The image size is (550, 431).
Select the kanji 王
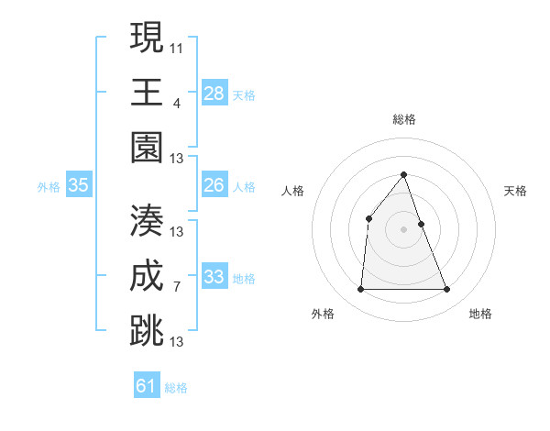click(147, 92)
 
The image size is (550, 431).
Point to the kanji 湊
click(147, 219)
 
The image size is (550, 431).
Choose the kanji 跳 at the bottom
click(147, 331)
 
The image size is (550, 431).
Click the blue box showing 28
click(214, 94)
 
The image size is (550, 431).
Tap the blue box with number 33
click(214, 277)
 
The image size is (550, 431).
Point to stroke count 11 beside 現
click(177, 47)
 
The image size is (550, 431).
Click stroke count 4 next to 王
click(177, 102)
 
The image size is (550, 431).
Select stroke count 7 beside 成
click(177, 287)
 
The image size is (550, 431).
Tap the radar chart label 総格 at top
click(403, 119)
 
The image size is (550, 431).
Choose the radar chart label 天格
click(515, 191)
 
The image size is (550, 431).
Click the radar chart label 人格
click(292, 191)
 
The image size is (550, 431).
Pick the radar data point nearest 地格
click(446, 290)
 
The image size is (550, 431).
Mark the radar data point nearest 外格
click(360, 290)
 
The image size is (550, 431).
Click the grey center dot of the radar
click(403, 229)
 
